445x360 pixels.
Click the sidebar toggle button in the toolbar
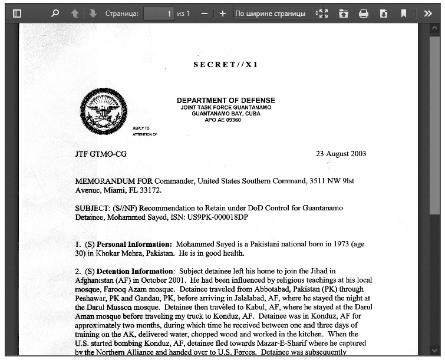17,14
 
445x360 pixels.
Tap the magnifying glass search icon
55,14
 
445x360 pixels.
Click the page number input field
159,14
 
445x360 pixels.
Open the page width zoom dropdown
277,14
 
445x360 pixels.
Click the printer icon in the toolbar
364,14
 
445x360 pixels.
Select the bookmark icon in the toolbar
404,14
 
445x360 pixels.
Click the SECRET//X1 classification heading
226,65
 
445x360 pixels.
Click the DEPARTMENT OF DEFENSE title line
226,100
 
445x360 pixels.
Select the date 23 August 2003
341,154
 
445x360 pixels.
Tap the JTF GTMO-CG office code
100,154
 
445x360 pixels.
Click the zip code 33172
149,190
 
